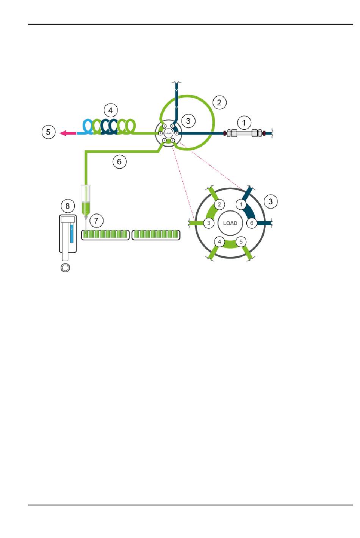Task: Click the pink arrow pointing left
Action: [x=68, y=133]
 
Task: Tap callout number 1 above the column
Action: [x=244, y=122]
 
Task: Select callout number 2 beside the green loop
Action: [x=219, y=102]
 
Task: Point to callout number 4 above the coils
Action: [x=111, y=110]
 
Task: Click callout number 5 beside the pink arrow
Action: [x=48, y=132]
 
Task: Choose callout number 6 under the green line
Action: [x=119, y=162]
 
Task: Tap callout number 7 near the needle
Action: [x=96, y=221]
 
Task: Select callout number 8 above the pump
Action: [x=68, y=206]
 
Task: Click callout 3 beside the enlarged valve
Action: [x=271, y=201]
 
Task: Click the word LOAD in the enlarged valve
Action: [x=230, y=223]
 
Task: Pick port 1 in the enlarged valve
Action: [x=241, y=205]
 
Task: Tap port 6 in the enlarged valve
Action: [x=252, y=223]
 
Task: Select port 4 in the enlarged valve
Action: [x=219, y=242]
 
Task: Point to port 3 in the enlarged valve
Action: [x=208, y=223]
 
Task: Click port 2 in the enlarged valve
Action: [x=219, y=205]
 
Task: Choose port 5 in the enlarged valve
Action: [x=241, y=242]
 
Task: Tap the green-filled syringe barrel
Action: [x=86, y=207]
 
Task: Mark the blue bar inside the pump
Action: [x=71, y=233]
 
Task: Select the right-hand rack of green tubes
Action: [x=156, y=235]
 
